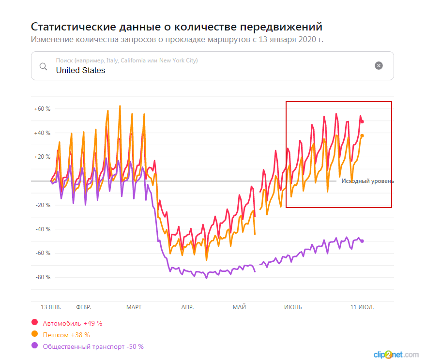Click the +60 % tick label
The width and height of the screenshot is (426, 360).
[x=42, y=109]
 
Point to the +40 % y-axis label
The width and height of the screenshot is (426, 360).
[x=42, y=133]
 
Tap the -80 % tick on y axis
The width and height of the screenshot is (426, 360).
[x=43, y=277]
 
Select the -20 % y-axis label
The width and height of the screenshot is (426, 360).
[x=43, y=205]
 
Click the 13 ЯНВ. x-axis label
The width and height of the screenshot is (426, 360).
[x=51, y=307]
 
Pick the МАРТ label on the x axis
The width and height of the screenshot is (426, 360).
[x=134, y=307]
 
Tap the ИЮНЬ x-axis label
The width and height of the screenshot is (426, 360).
[x=293, y=307]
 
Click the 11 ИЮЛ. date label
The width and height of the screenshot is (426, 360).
[x=363, y=307]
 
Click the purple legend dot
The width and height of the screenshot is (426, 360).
[x=35, y=346]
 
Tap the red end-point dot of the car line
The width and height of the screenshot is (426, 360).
[x=362, y=121]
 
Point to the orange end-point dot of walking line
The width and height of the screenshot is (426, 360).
[x=362, y=135]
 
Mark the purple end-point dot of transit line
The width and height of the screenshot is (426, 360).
[x=362, y=241]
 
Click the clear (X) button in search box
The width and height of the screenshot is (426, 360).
[x=379, y=66]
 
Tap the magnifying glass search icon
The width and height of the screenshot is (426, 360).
[x=43, y=66]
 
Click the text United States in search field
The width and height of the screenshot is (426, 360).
[x=80, y=70]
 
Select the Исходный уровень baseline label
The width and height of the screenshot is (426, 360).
[x=367, y=181]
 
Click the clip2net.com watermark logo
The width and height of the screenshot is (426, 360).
[x=396, y=354]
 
